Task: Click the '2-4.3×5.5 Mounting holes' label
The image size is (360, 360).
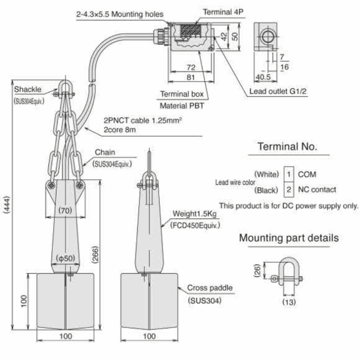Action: pyautogui.click(x=120, y=14)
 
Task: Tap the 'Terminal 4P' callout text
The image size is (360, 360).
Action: pyautogui.click(x=223, y=12)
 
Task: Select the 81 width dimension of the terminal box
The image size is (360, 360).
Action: pyautogui.click(x=190, y=77)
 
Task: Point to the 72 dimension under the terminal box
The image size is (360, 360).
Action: pyautogui.click(x=191, y=68)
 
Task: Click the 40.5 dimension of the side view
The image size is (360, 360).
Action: pyautogui.click(x=263, y=77)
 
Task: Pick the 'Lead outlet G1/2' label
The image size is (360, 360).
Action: pyautogui.click(x=278, y=91)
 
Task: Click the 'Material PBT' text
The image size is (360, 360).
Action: pyautogui.click(x=182, y=106)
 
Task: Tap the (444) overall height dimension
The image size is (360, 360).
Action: pyautogui.click(x=7, y=204)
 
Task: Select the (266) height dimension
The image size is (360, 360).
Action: pyautogui.click(x=95, y=254)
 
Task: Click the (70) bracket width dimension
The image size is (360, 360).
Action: pyautogui.click(x=65, y=210)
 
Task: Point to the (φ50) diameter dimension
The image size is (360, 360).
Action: pyautogui.click(x=66, y=258)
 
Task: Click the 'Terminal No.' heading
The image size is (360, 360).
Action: pyautogui.click(x=287, y=146)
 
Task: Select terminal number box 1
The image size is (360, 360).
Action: pyautogui.click(x=289, y=174)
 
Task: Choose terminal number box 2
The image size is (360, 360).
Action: pyautogui.click(x=289, y=190)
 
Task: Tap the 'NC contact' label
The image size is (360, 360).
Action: pyautogui.click(x=317, y=190)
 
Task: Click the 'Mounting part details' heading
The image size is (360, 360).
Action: pyautogui.click(x=289, y=238)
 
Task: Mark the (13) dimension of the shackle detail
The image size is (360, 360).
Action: pyautogui.click(x=289, y=302)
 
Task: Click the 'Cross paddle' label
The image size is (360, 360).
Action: pyautogui.click(x=210, y=288)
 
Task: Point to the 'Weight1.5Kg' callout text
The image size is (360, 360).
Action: pyautogui.click(x=194, y=214)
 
